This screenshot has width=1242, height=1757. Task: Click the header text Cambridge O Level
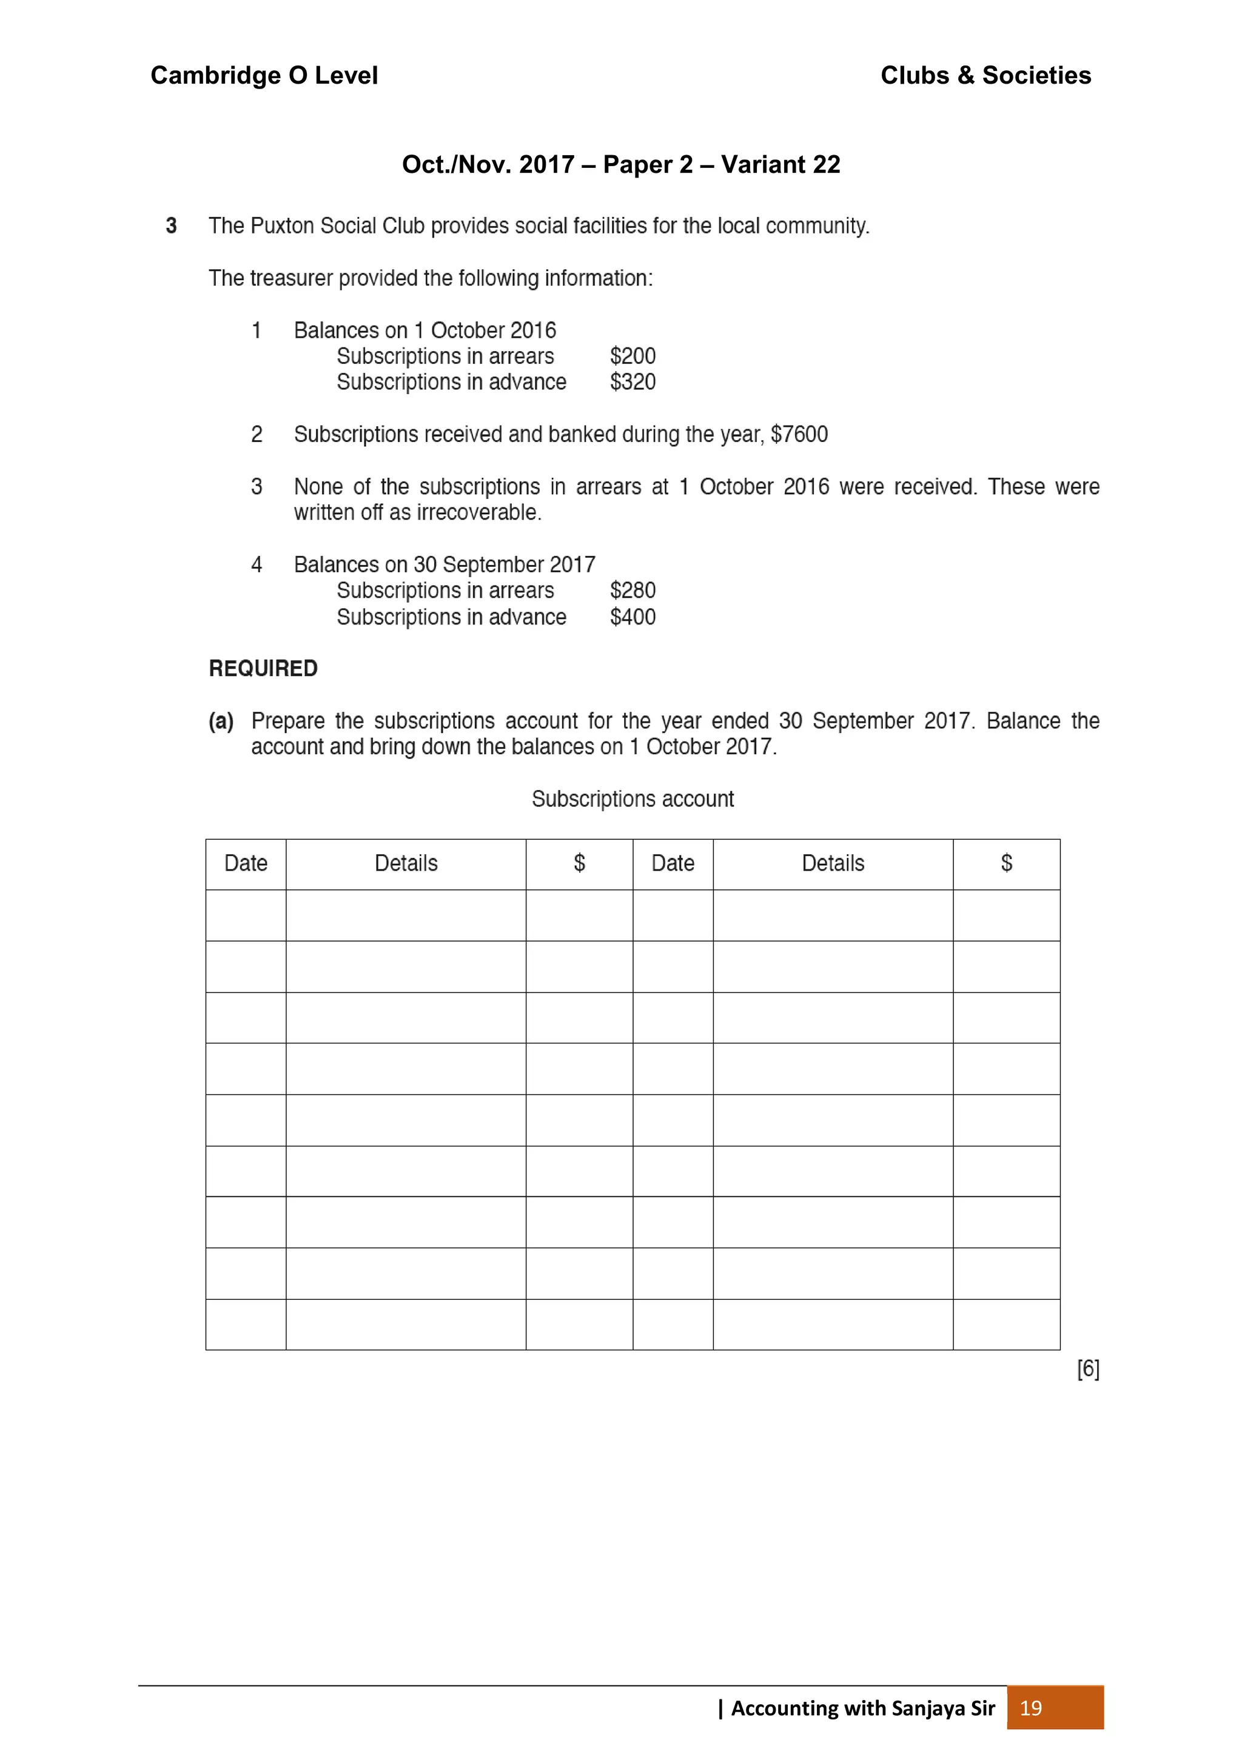264,75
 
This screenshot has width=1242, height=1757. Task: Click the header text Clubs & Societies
985,75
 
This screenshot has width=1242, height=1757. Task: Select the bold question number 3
172,226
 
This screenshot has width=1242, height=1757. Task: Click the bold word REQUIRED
263,668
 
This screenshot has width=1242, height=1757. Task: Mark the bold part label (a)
221,721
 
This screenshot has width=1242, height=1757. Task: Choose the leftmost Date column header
246,863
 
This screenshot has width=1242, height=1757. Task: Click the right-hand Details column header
833,863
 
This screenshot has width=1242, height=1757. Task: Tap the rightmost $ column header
1006,863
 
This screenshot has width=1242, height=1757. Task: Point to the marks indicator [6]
1087,1369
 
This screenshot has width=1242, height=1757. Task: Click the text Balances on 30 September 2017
444,565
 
